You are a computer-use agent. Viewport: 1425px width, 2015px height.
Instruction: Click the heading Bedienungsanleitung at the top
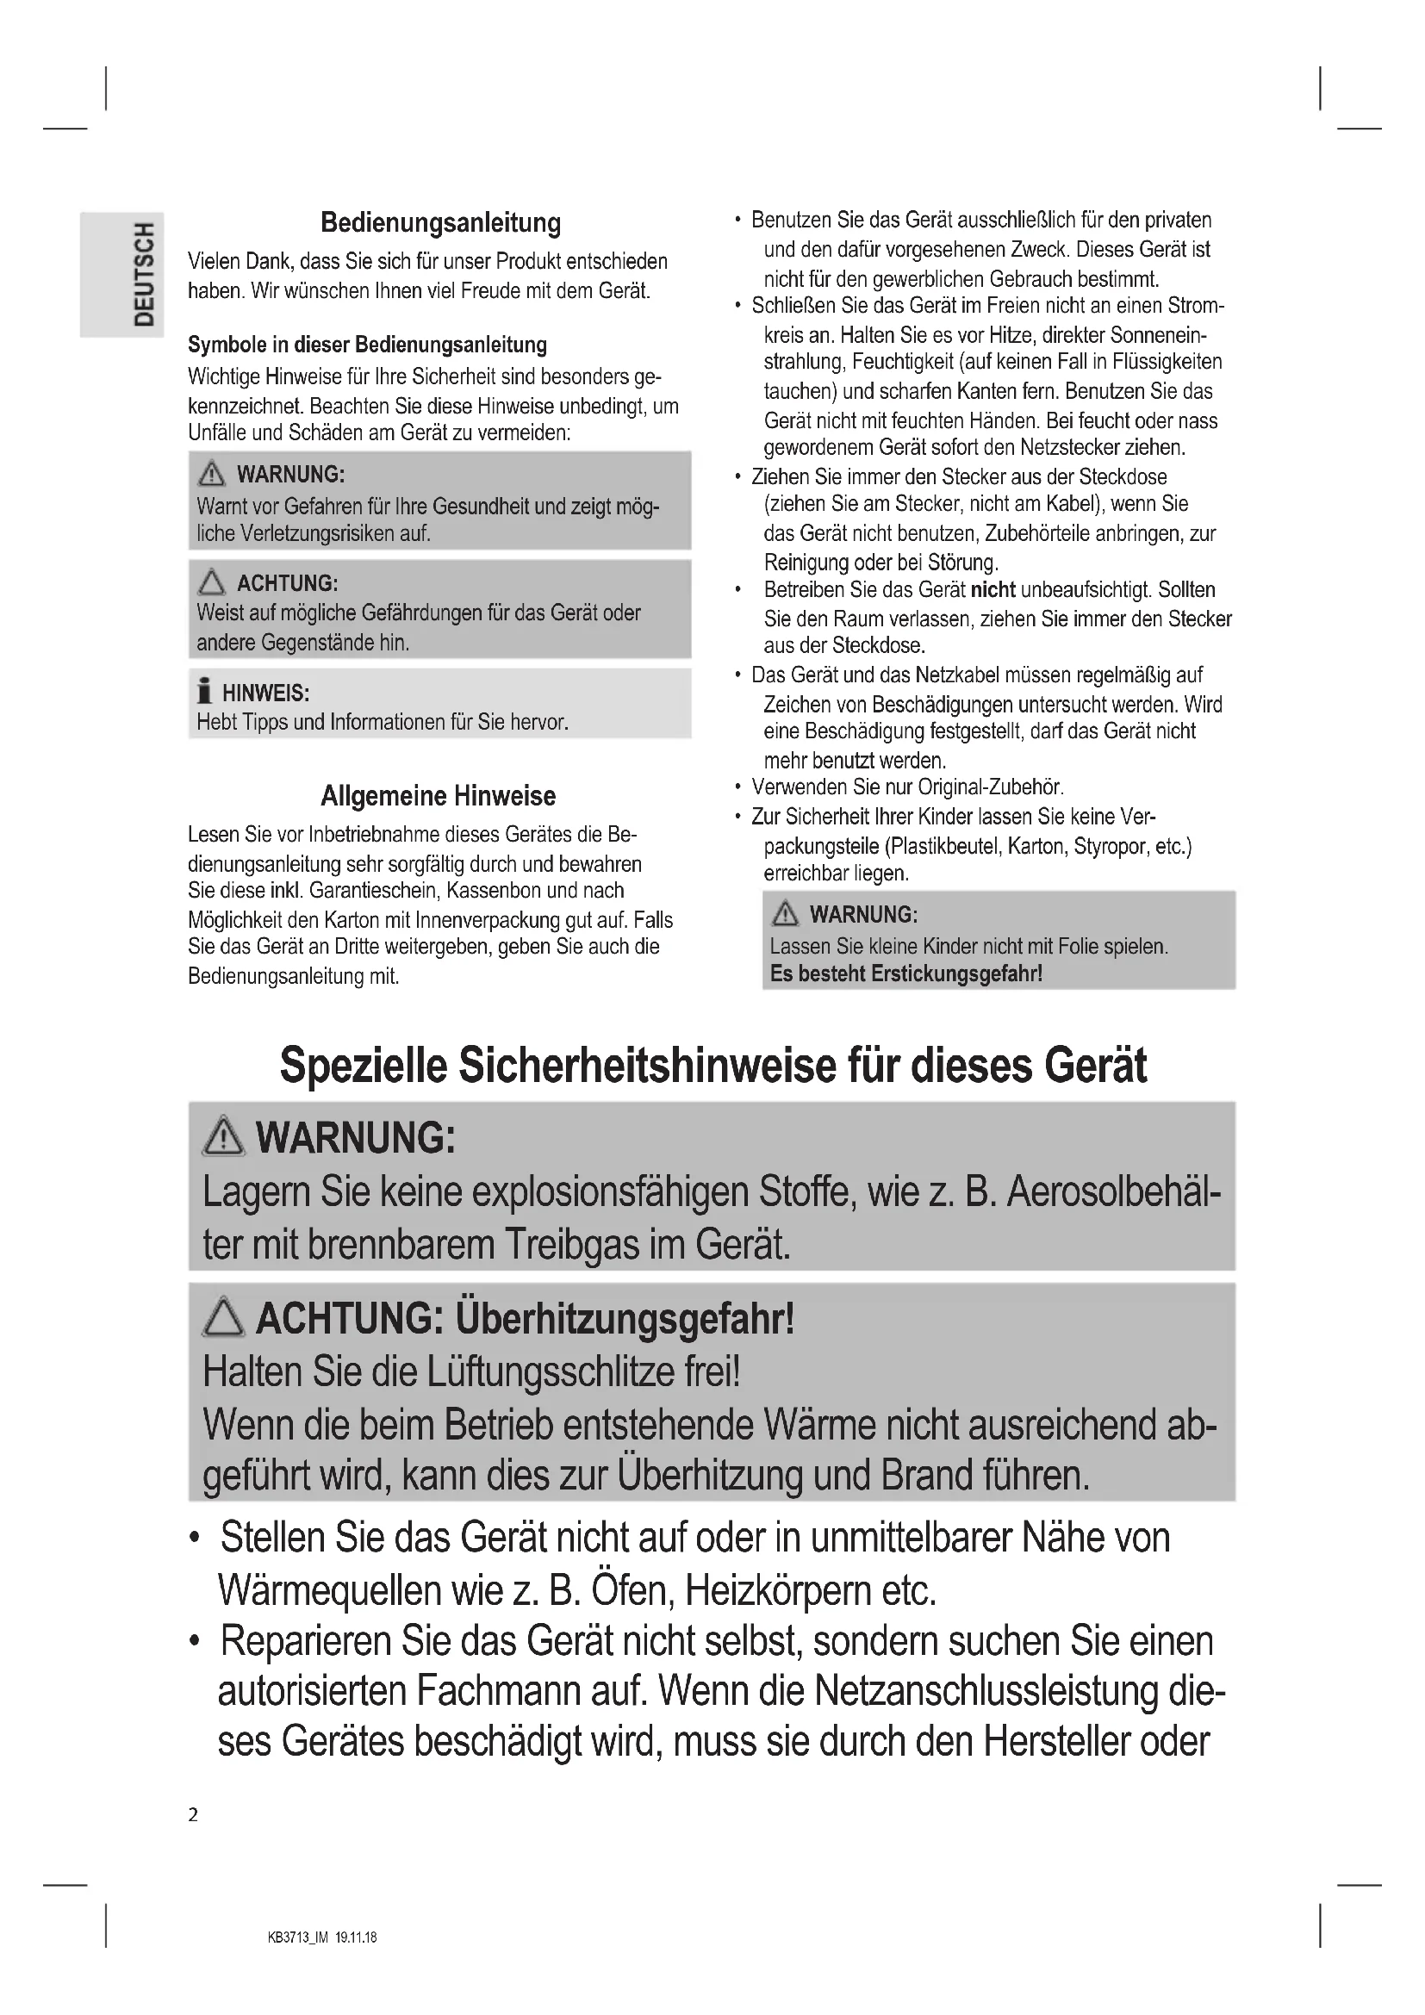click(440, 223)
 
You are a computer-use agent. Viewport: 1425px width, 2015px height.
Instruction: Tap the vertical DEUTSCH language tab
click(144, 274)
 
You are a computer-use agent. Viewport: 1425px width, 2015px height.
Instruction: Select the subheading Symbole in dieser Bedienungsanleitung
click(367, 345)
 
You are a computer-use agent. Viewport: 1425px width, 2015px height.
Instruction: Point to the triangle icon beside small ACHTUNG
click(211, 581)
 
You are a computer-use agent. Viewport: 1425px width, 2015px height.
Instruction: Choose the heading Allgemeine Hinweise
click(438, 796)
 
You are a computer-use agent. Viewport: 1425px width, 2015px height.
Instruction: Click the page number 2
click(193, 1814)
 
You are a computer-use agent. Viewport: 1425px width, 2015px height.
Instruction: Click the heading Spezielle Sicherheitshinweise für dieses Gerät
click(712, 1066)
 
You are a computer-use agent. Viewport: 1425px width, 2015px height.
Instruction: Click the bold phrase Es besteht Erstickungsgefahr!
click(905, 973)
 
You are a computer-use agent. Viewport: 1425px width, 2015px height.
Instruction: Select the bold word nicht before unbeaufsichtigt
click(993, 590)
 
